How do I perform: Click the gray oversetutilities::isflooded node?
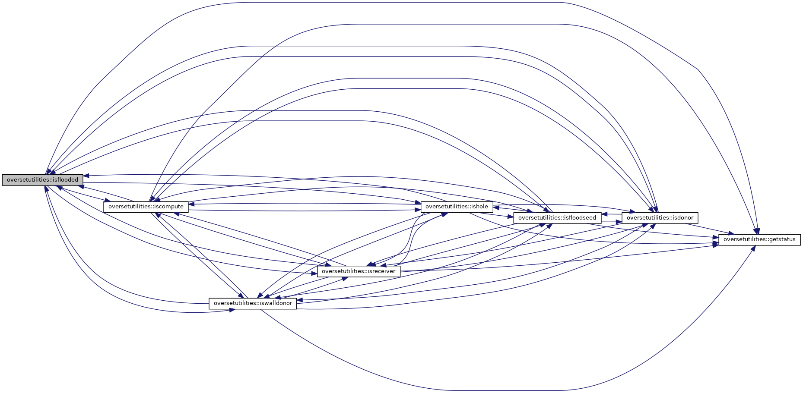(x=42, y=180)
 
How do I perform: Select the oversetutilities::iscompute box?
(x=146, y=207)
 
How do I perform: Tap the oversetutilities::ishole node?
(x=457, y=207)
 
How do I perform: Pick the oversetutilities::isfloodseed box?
(x=557, y=218)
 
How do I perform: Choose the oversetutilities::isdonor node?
(x=660, y=218)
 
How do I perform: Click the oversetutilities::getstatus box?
(x=759, y=239)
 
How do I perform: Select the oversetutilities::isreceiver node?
(x=359, y=271)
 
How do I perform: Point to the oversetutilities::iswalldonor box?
(x=253, y=303)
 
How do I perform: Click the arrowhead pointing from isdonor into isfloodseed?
(x=605, y=214)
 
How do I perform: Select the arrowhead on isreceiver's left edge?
(x=314, y=273)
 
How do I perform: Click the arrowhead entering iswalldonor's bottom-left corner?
(x=232, y=310)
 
